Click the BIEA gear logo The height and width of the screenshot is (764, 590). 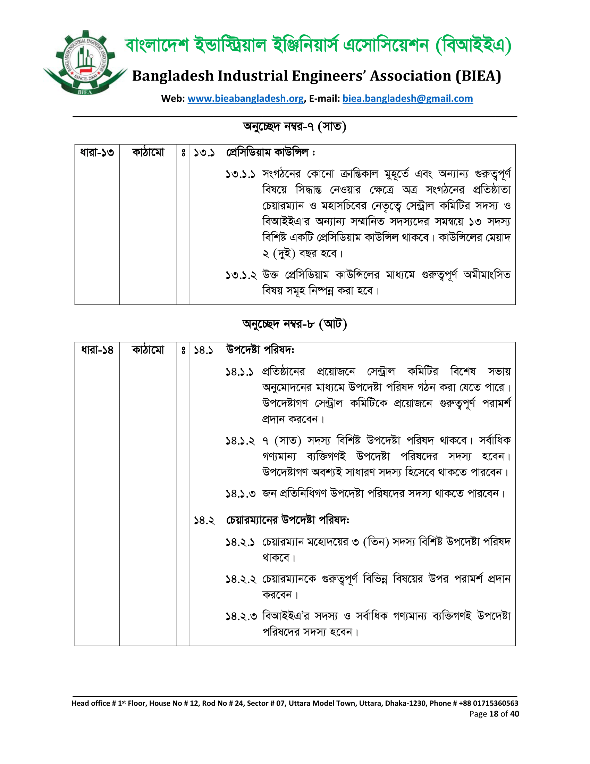[x=85, y=63]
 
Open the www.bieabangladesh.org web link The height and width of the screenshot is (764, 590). [x=245, y=99]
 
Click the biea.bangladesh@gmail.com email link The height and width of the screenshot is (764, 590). [x=407, y=99]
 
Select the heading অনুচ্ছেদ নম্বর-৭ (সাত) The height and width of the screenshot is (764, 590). [x=295, y=126]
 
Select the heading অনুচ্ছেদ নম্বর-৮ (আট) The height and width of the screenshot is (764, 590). [x=295, y=324]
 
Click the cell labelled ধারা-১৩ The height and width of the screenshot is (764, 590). [x=97, y=153]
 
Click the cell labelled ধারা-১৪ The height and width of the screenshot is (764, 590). [x=97, y=350]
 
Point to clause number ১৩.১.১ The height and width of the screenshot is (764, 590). [x=240, y=174]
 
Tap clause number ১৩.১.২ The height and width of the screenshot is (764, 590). [x=241, y=275]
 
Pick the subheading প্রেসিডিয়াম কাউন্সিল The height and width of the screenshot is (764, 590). [x=270, y=153]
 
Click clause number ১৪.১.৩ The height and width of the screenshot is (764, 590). [x=241, y=494]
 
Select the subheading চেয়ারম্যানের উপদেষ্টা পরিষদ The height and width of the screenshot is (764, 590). [x=287, y=520]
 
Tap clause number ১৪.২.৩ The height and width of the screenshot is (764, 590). [x=241, y=616]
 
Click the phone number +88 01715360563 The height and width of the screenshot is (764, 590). [x=489, y=703]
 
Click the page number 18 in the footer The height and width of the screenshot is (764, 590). [x=494, y=714]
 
